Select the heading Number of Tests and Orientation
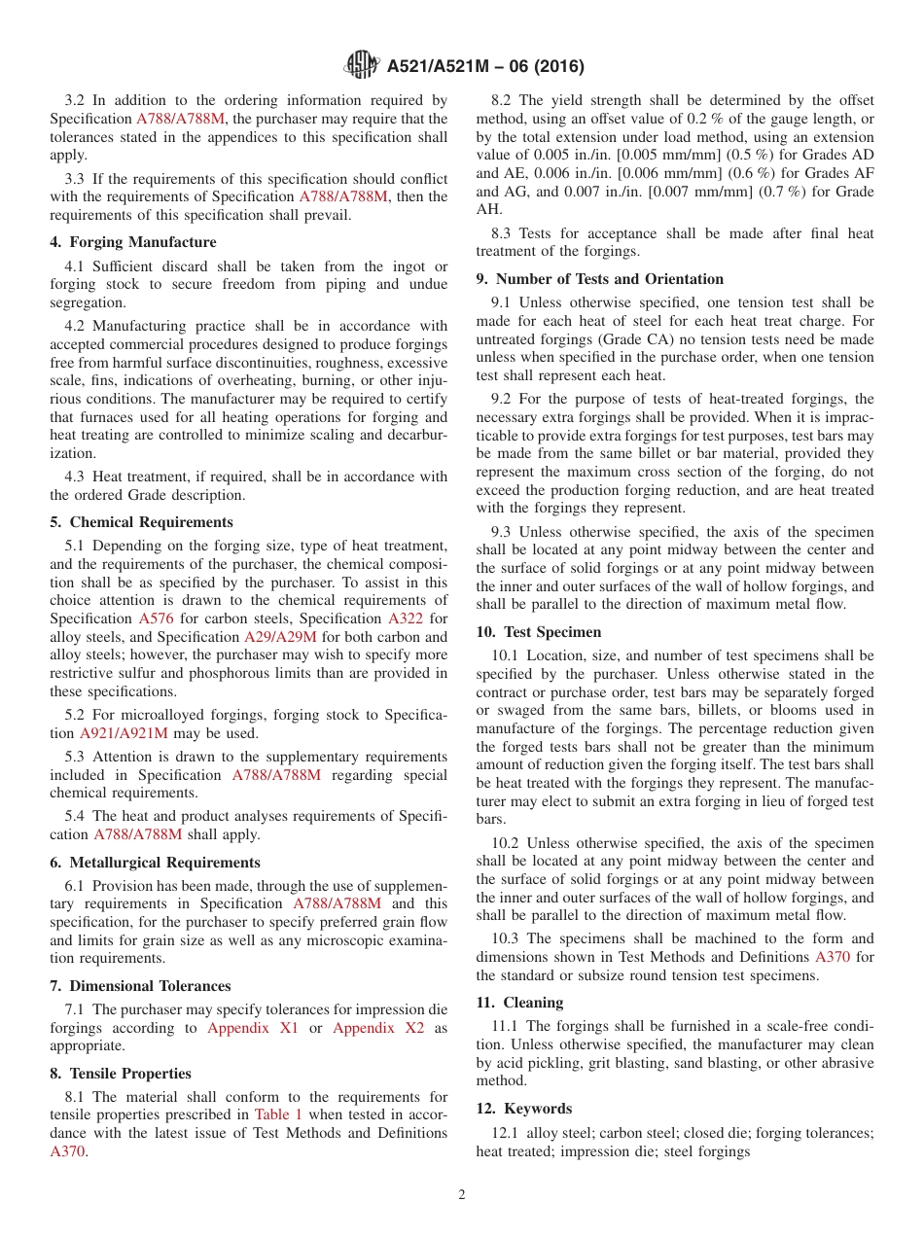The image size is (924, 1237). [x=599, y=279]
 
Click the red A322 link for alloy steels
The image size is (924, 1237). [x=405, y=618]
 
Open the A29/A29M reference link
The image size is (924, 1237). [x=279, y=637]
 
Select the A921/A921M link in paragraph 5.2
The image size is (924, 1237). [x=124, y=733]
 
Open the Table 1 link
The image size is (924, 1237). [x=278, y=1114]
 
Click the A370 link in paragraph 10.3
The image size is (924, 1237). [x=832, y=957]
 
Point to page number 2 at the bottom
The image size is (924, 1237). [x=462, y=1195]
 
